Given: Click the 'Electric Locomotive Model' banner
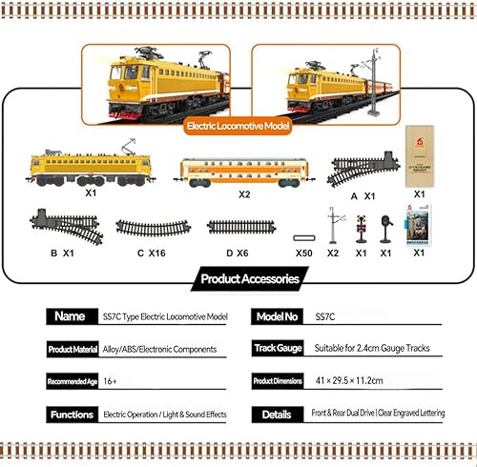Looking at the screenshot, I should tap(239, 124).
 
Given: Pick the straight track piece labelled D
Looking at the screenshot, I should tap(240, 228).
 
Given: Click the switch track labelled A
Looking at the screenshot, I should tap(363, 169).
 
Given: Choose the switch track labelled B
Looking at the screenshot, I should tap(65, 227).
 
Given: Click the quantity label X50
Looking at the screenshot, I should tap(304, 254).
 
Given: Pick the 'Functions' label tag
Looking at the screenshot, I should tap(73, 415).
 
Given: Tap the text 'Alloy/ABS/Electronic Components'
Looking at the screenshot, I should tap(161, 350).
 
